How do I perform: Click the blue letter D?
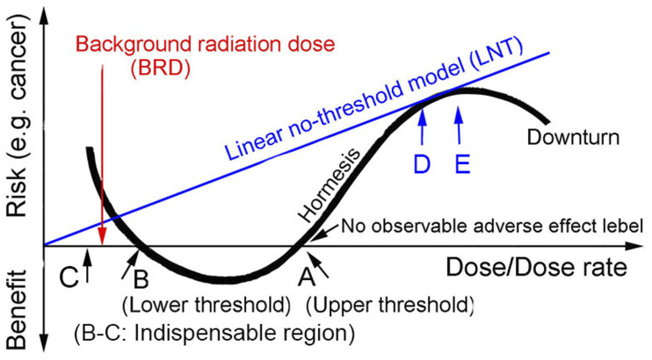tap(422, 163)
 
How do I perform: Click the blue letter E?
tap(459, 163)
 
